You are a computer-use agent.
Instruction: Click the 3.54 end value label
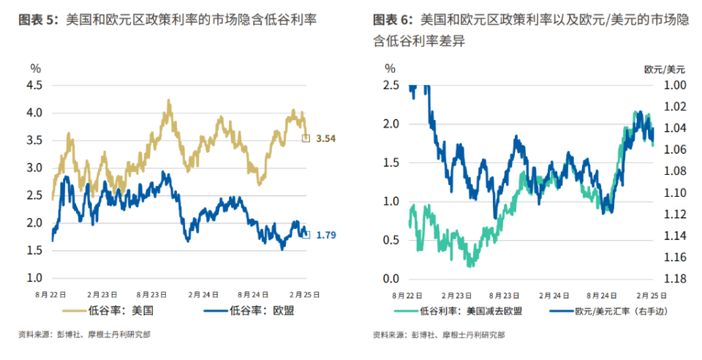(x=325, y=138)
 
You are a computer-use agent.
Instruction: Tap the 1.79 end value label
(x=325, y=235)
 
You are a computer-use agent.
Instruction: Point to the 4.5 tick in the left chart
(x=35, y=85)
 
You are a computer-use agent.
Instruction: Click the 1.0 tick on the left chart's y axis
(x=35, y=278)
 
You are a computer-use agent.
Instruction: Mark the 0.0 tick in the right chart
(x=390, y=279)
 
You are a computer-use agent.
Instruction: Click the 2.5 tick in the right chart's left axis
(x=390, y=85)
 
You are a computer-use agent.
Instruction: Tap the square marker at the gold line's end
(x=306, y=138)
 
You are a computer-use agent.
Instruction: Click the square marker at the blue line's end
(x=306, y=235)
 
